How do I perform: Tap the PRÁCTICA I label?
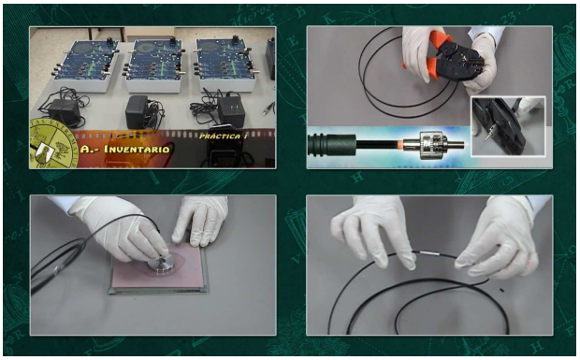pyautogui.click(x=224, y=136)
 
